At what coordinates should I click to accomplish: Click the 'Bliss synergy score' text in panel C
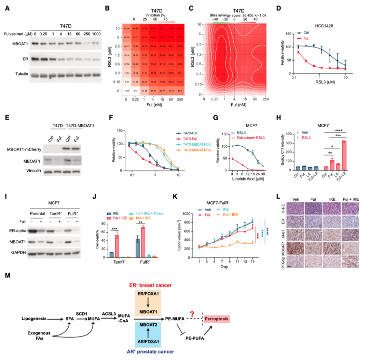point(227,16)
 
